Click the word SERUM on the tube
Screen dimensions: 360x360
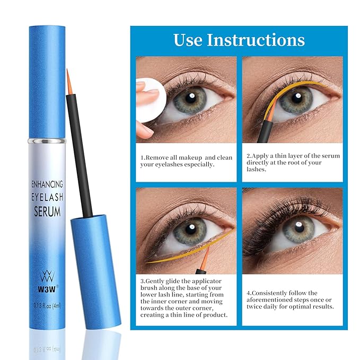[47, 212]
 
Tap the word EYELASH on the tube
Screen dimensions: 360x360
[47, 198]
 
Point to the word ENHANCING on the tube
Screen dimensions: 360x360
[47, 184]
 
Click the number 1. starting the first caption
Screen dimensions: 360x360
[143, 157]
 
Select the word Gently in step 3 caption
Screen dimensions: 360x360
[156, 280]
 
